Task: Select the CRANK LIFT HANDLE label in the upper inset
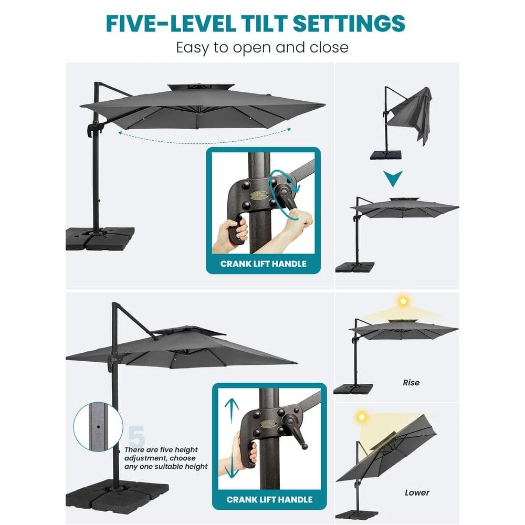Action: (x=263, y=264)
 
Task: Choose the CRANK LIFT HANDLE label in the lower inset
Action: (x=269, y=499)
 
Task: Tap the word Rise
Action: (x=411, y=383)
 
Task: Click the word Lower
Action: (x=417, y=492)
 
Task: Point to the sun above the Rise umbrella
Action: (x=403, y=301)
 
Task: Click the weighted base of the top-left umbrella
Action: (x=99, y=239)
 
